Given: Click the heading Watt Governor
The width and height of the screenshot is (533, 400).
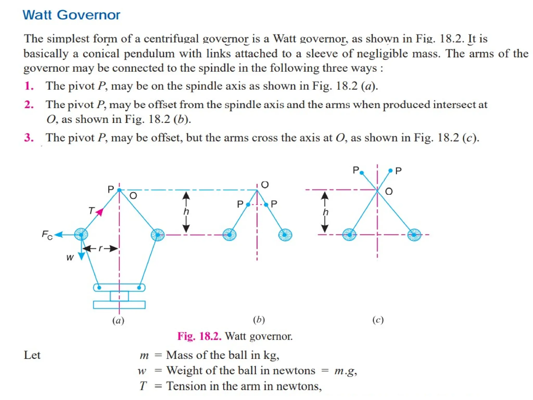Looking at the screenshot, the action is tap(71, 15).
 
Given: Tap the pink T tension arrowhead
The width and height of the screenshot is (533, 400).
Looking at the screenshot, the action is tap(100, 212).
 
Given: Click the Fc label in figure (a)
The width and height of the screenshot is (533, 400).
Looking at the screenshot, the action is tap(47, 235).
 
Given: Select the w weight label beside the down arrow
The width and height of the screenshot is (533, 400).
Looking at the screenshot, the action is tap(70, 258).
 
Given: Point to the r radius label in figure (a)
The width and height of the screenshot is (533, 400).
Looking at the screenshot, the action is tap(100, 248).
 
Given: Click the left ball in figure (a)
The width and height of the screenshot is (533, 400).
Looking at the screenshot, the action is tap(81, 234).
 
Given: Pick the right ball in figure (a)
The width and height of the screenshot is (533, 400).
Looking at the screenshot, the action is tap(158, 235).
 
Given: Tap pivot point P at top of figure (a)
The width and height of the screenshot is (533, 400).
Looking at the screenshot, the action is tap(119, 190).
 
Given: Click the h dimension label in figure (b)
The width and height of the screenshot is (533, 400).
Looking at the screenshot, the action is tap(186, 211).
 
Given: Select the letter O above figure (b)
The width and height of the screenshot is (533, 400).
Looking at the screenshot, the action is tap(265, 185).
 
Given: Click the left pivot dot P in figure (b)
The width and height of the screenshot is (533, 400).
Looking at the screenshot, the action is tap(248, 205).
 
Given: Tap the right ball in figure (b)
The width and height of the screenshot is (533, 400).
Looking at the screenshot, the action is tap(285, 235).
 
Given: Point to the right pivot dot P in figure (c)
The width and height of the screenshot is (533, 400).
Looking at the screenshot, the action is tap(390, 171).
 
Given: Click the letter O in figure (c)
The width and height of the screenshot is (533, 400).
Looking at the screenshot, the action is tap(389, 192).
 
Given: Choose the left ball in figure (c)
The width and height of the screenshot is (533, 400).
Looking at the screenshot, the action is tap(349, 235).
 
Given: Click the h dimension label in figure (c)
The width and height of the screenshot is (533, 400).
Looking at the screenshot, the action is tap(325, 212).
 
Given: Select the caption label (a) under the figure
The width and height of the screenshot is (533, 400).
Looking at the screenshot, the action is tap(118, 320).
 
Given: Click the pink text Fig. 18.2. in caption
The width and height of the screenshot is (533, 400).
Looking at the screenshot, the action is tap(199, 336).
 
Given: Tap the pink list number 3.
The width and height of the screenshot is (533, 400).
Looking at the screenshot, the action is tap(29, 137).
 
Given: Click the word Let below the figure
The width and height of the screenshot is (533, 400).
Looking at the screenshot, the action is tap(32, 355).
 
